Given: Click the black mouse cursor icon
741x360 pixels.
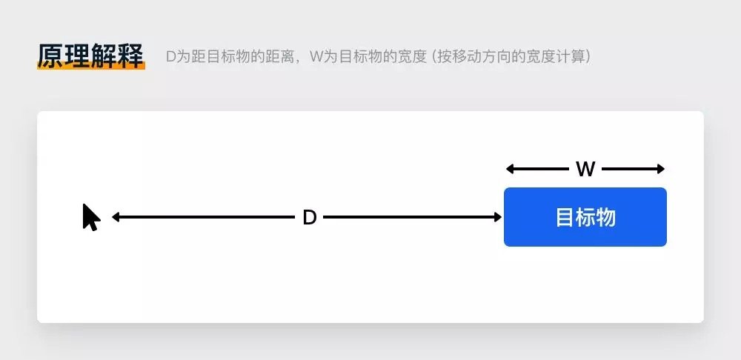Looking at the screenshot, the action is pyautogui.click(x=90, y=217).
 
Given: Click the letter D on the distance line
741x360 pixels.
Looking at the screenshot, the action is pyautogui.click(x=309, y=218).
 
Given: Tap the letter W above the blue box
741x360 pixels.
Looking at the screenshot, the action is pyautogui.click(x=585, y=169).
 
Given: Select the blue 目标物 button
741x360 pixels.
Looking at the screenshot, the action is pyautogui.click(x=585, y=217).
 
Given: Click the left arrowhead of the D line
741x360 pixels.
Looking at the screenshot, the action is pyautogui.click(x=116, y=217).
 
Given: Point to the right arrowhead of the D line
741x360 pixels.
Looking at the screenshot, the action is pyautogui.click(x=498, y=217).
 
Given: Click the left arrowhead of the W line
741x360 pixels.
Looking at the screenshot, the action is pyautogui.click(x=510, y=169).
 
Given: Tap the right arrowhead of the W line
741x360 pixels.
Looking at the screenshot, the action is pyautogui.click(x=661, y=169).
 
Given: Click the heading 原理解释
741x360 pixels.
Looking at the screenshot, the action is pyautogui.click(x=90, y=56).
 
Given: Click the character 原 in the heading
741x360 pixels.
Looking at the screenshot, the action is pyautogui.click(x=50, y=56).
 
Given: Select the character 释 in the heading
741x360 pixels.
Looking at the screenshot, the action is pyautogui.click(x=131, y=56).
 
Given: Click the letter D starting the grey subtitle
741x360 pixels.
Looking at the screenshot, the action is pyautogui.click(x=171, y=57).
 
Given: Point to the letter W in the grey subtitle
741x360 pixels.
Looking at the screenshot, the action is pyautogui.click(x=316, y=57).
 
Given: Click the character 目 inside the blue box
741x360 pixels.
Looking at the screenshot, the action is pyautogui.click(x=564, y=217).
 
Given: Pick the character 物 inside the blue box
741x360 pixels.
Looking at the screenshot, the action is pyautogui.click(x=606, y=217).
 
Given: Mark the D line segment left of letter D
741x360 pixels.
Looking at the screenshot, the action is pyautogui.click(x=203, y=217).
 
